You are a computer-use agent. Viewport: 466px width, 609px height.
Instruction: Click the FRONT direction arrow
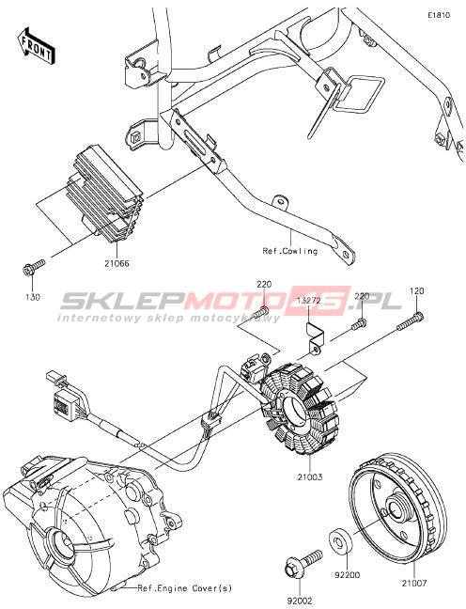pos(36,46)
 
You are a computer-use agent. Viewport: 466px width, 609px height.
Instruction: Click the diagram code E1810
pos(439,16)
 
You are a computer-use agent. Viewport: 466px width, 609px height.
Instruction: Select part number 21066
pos(116,263)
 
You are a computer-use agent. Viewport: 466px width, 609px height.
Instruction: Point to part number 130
pos(33,297)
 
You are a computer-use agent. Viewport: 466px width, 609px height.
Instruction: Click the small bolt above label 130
pos(33,268)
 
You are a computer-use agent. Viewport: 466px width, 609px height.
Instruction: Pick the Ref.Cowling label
pos(290,251)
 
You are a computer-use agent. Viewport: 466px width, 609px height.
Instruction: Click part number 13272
pos(308,301)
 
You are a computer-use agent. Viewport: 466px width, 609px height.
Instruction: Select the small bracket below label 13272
pos(313,338)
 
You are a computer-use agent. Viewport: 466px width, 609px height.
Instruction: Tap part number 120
pos(416,291)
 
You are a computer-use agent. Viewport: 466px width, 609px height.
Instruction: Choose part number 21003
pos(310,476)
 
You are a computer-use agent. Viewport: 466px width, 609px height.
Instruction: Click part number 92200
pos(348,575)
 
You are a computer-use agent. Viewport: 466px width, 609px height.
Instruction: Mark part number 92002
pos(300,601)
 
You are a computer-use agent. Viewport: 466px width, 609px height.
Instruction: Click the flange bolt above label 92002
pos(303,565)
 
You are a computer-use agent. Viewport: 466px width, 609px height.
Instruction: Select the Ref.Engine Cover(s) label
pos(185,588)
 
